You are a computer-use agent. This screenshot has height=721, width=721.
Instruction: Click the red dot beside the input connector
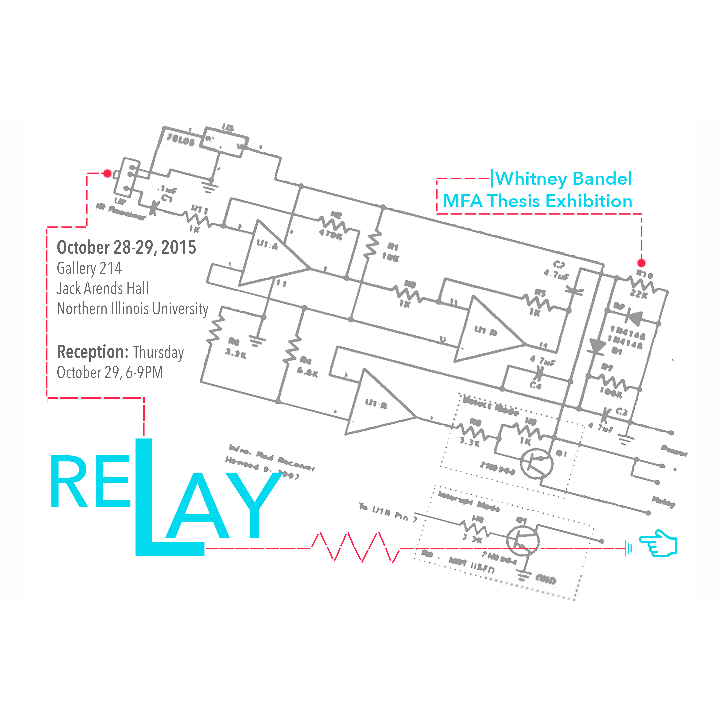pos(107,173)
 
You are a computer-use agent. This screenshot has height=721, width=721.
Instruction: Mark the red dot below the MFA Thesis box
pos(641,263)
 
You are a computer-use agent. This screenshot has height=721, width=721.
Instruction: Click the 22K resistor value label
pos(638,294)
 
